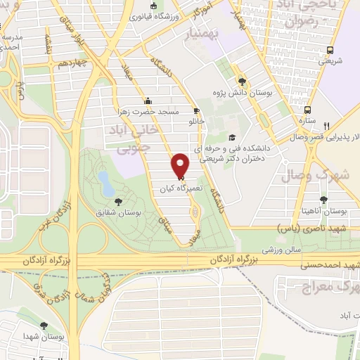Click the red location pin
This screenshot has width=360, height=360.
(x=181, y=165)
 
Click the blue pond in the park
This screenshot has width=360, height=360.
(x=106, y=183)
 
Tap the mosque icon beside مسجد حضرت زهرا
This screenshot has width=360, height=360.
(x=147, y=100)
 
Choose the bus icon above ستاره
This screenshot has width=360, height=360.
(x=307, y=110)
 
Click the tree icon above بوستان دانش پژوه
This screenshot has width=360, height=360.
(x=243, y=82)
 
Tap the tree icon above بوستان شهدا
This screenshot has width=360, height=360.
(x=44, y=326)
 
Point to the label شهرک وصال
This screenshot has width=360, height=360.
(x=314, y=176)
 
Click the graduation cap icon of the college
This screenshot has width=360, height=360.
(x=233, y=138)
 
